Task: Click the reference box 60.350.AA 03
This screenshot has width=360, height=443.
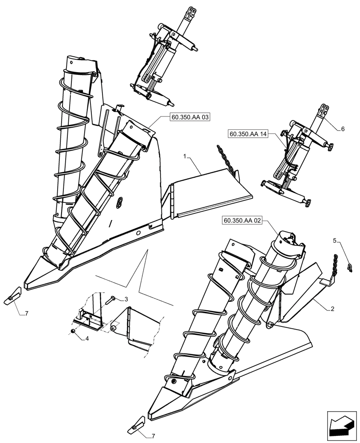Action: pyautogui.click(x=190, y=117)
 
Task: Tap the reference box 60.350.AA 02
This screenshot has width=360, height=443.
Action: pyautogui.click(x=240, y=220)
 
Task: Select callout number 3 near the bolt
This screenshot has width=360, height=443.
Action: pyautogui.click(x=126, y=299)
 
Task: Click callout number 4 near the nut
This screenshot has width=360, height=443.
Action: pyautogui.click(x=87, y=339)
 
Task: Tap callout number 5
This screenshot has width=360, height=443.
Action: pyautogui.click(x=336, y=241)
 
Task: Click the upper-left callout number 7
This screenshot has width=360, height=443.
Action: pyautogui.click(x=27, y=314)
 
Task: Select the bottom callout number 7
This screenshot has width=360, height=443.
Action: pyautogui.click(x=153, y=436)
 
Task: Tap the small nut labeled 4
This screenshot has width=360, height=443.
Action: pyautogui.click(x=73, y=331)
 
